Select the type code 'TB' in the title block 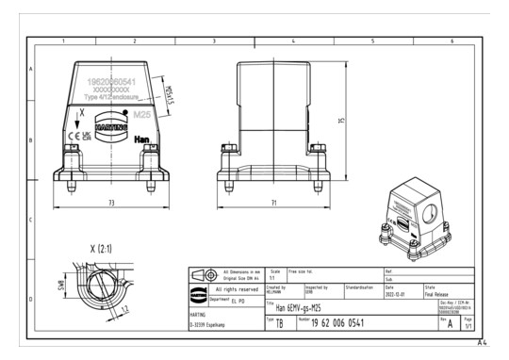tap(279, 322)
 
